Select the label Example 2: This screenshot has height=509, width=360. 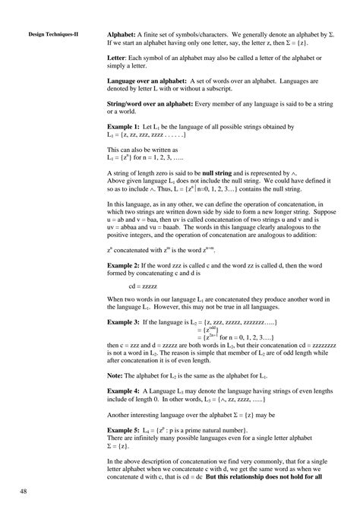[x=123, y=263]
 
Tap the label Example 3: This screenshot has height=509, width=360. [x=123, y=324]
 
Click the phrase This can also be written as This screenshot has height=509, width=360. [x=141, y=152]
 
